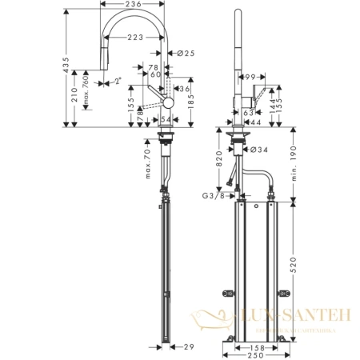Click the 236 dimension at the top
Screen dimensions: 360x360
coord(134,6)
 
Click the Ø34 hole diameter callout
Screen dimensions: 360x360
coord(258,149)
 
